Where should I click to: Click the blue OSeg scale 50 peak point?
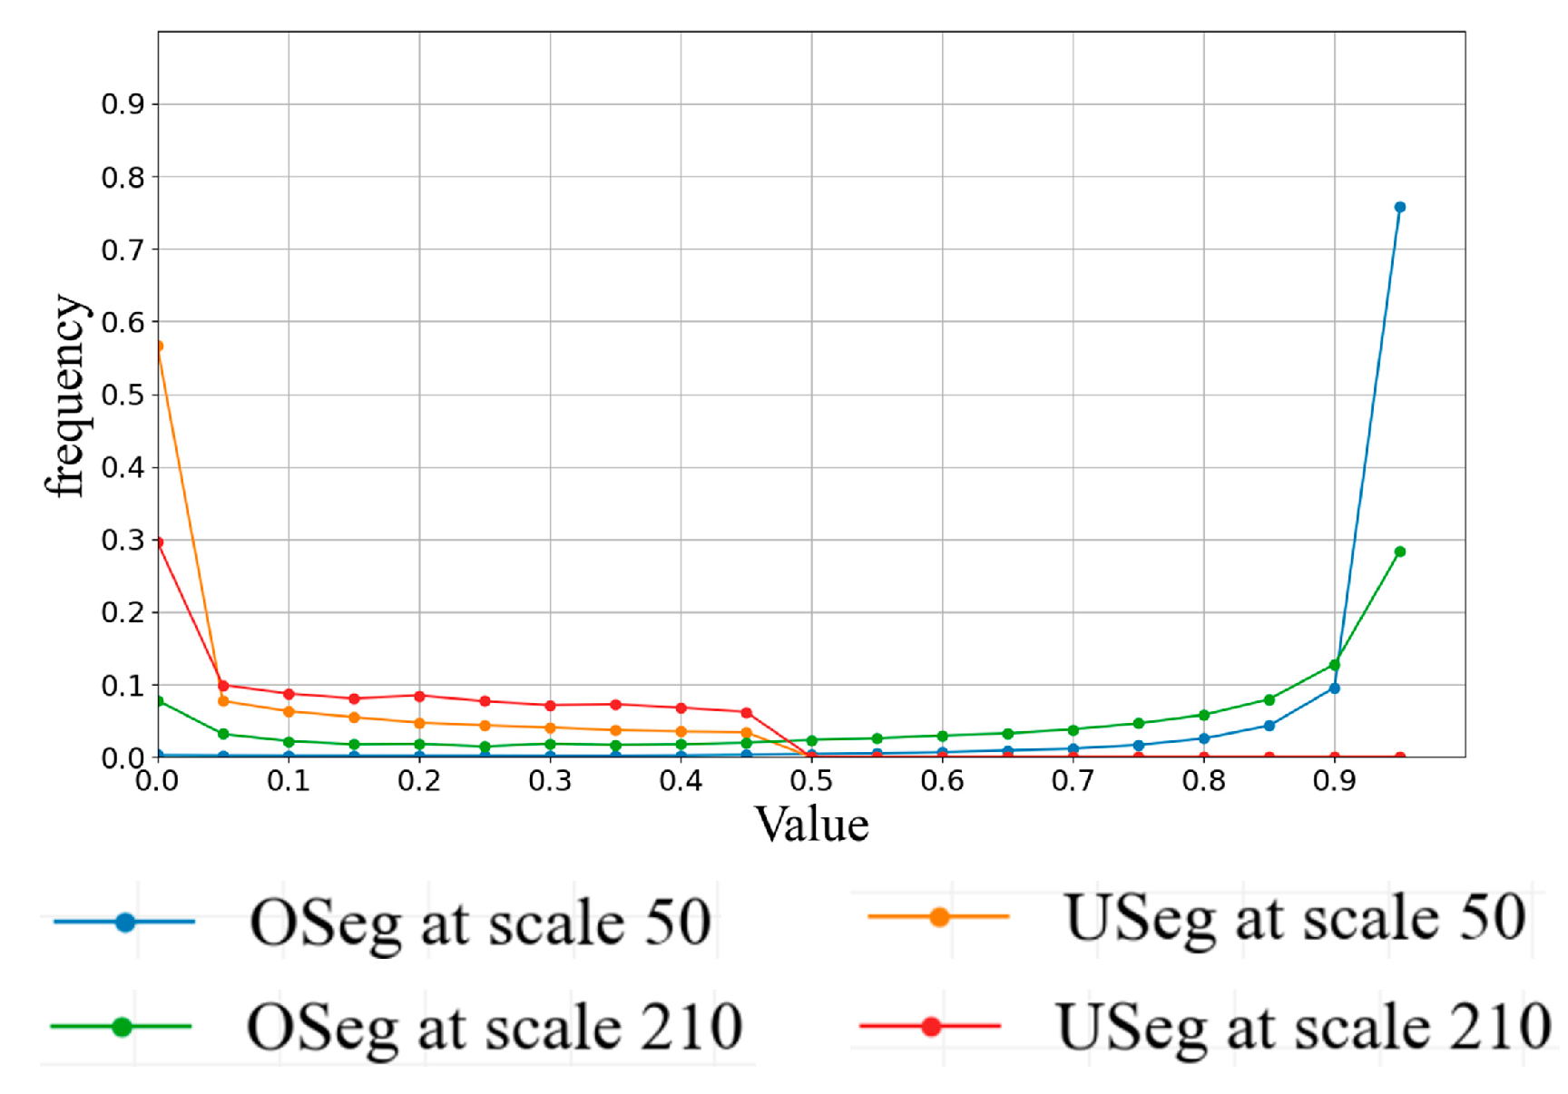(x=1399, y=208)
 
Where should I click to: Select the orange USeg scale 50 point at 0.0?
(x=159, y=346)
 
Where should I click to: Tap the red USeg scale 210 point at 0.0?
(x=159, y=542)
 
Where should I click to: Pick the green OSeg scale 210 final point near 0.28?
(x=1399, y=552)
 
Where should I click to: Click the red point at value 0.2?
(x=419, y=696)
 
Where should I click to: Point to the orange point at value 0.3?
(x=550, y=728)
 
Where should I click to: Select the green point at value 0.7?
(x=1073, y=729)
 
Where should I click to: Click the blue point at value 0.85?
(x=1269, y=725)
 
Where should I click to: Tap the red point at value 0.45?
(x=746, y=712)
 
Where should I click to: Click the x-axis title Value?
(x=811, y=824)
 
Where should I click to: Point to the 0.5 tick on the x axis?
(x=811, y=780)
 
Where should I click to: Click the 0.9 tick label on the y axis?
(x=122, y=104)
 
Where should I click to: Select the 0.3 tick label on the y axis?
(x=122, y=540)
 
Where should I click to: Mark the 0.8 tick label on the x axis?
(x=1203, y=780)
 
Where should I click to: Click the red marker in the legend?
(x=930, y=1026)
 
